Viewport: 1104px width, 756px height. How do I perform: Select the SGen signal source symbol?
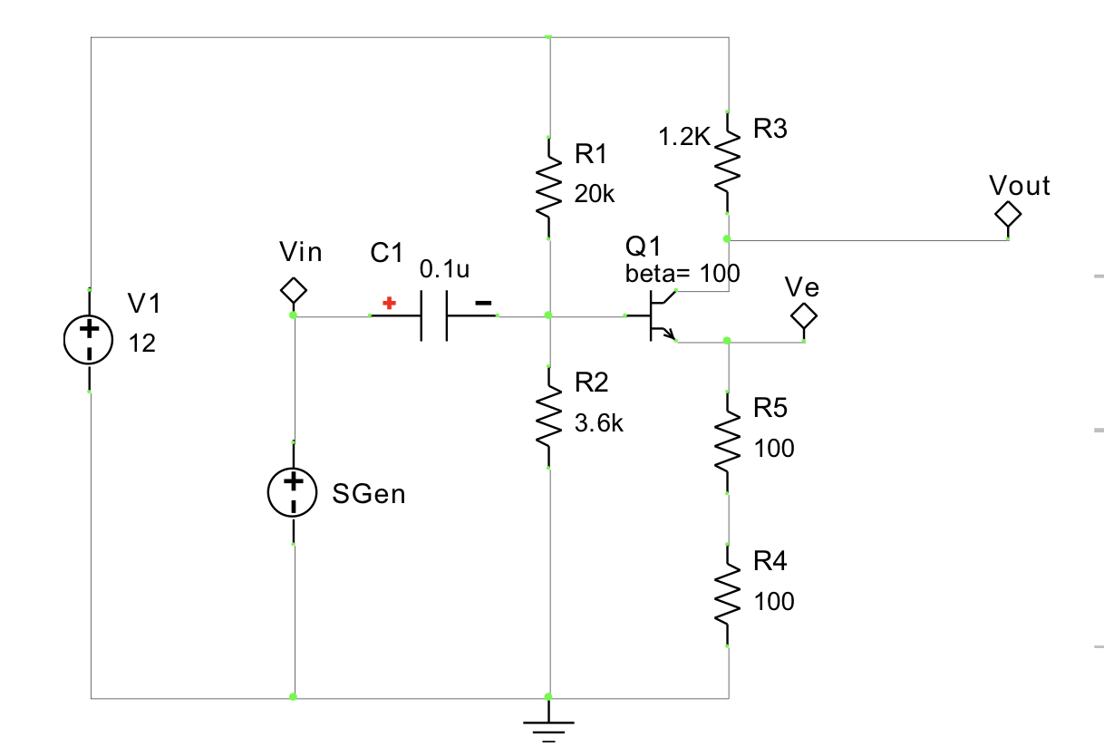pyautogui.click(x=293, y=491)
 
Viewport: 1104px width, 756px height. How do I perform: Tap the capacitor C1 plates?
pyautogui.click(x=434, y=316)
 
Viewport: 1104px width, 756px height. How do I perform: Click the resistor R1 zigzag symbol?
pyautogui.click(x=549, y=189)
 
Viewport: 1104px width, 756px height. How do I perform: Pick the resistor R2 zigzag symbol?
pyautogui.click(x=549, y=418)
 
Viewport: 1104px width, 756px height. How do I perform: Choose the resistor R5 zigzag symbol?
pyautogui.click(x=728, y=442)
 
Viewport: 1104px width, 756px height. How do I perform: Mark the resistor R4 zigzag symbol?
pyautogui.click(x=728, y=595)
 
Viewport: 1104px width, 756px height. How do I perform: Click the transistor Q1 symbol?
pyautogui.click(x=657, y=317)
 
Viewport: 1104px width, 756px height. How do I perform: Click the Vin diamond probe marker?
pyautogui.click(x=293, y=291)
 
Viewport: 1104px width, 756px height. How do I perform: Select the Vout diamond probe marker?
pyautogui.click(x=1008, y=215)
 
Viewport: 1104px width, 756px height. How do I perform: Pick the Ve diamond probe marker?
pyautogui.click(x=804, y=316)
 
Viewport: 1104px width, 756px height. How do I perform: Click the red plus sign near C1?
pyautogui.click(x=389, y=303)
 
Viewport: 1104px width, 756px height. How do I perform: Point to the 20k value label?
pyautogui.click(x=596, y=193)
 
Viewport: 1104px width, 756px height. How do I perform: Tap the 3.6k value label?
pyautogui.click(x=599, y=423)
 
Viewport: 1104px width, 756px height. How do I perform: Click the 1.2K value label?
pyautogui.click(x=686, y=137)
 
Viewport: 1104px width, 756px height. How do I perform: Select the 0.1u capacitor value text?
pyautogui.click(x=445, y=269)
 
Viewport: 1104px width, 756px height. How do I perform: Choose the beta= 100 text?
pyautogui.click(x=683, y=273)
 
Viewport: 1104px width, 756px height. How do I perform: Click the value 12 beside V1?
pyautogui.click(x=141, y=344)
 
